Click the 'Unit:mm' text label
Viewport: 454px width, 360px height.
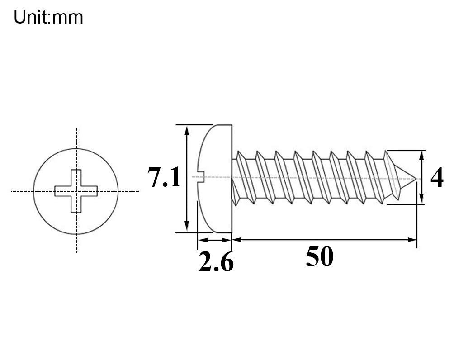pyautogui.click(x=48, y=17)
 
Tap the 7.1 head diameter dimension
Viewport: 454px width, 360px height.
pyautogui.click(x=165, y=177)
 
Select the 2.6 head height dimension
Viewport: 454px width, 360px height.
pyautogui.click(x=216, y=261)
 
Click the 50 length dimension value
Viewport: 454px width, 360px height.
pyautogui.click(x=320, y=256)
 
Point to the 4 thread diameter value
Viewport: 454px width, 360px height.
pyautogui.click(x=437, y=177)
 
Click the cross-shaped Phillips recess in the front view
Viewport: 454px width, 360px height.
pyautogui.click(x=76, y=191)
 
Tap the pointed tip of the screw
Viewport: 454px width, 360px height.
pyautogui.click(x=416, y=179)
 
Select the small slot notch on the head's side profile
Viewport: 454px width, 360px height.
pyautogui.click(x=201, y=176)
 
